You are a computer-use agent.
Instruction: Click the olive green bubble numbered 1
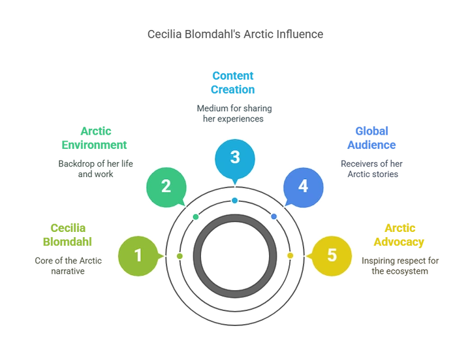click(138, 255)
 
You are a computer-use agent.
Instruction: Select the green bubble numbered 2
click(166, 186)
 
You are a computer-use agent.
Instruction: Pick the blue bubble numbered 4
click(303, 186)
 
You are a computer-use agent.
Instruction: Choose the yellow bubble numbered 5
click(332, 255)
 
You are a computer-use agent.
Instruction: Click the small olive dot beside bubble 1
click(180, 256)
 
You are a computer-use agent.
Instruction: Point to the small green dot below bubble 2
click(196, 216)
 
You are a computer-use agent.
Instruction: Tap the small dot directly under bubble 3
click(234, 200)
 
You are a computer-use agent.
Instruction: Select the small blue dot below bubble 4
click(274, 216)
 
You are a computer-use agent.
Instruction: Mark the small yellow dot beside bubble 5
click(290, 255)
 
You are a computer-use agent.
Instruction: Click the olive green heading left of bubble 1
click(68, 235)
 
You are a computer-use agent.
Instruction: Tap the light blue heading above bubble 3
click(232, 82)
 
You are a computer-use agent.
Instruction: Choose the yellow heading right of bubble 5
click(400, 235)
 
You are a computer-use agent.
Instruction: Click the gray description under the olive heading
click(68, 265)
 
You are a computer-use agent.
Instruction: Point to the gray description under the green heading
click(96, 167)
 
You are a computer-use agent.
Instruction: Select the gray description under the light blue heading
click(234, 113)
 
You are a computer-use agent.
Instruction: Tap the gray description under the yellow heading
click(401, 265)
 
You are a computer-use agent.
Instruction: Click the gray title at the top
click(234, 33)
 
